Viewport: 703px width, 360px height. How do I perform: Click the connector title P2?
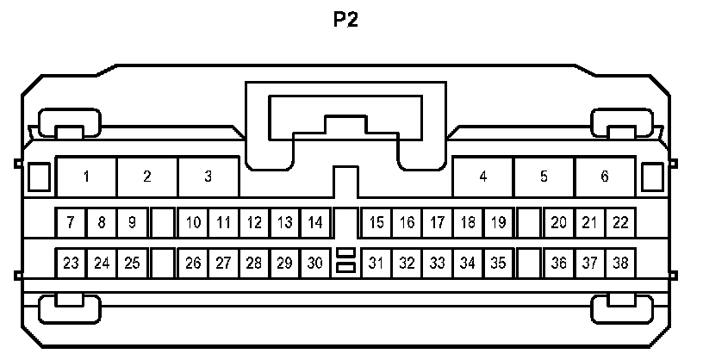345,20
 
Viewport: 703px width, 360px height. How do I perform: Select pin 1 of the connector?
87,177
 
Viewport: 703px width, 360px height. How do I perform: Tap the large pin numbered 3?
208,177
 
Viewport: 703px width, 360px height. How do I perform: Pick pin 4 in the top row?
483,177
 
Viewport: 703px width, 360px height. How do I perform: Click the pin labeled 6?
605,177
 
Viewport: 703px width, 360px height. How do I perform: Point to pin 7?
71,223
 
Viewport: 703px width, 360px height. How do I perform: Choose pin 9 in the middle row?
132,223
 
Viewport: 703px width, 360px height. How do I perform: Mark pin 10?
193,223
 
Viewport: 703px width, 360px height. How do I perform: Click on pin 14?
315,223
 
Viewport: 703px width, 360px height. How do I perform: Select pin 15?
376,223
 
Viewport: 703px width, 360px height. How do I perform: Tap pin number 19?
498,223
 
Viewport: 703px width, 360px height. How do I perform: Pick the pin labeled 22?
620,223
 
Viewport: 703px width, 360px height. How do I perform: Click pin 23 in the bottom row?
71,263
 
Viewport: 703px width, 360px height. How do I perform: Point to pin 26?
193,263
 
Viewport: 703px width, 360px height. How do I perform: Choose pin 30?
315,263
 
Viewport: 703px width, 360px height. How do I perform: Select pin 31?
376,263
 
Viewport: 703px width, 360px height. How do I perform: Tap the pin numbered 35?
498,263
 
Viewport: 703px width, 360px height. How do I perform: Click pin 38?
620,263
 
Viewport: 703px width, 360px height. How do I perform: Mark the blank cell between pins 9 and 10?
163,223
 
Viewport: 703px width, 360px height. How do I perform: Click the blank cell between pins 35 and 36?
529,263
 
